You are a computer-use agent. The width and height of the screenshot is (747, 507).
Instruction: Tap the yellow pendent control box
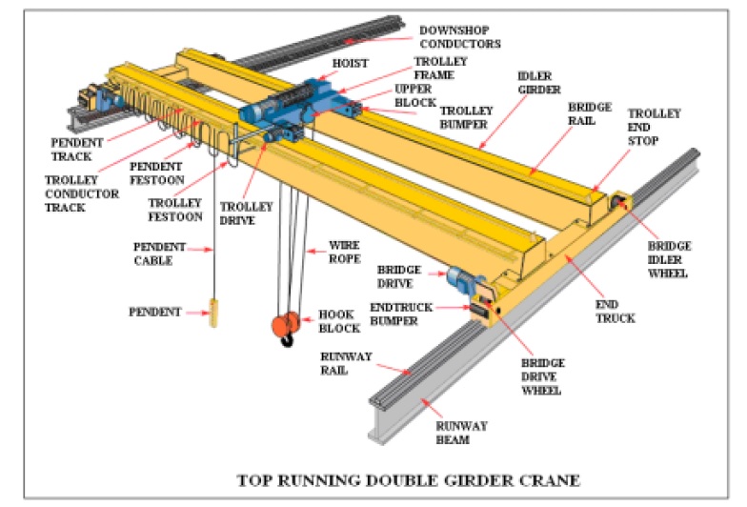(x=214, y=313)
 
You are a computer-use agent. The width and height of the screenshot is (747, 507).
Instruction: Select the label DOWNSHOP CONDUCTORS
(x=459, y=37)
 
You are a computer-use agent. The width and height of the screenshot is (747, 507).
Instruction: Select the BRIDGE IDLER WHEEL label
(x=668, y=259)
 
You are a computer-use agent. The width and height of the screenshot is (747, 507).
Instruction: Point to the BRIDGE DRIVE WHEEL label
(x=541, y=376)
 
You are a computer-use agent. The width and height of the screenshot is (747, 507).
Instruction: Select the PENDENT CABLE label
(x=152, y=253)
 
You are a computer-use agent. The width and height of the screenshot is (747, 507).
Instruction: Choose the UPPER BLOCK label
(x=413, y=96)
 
